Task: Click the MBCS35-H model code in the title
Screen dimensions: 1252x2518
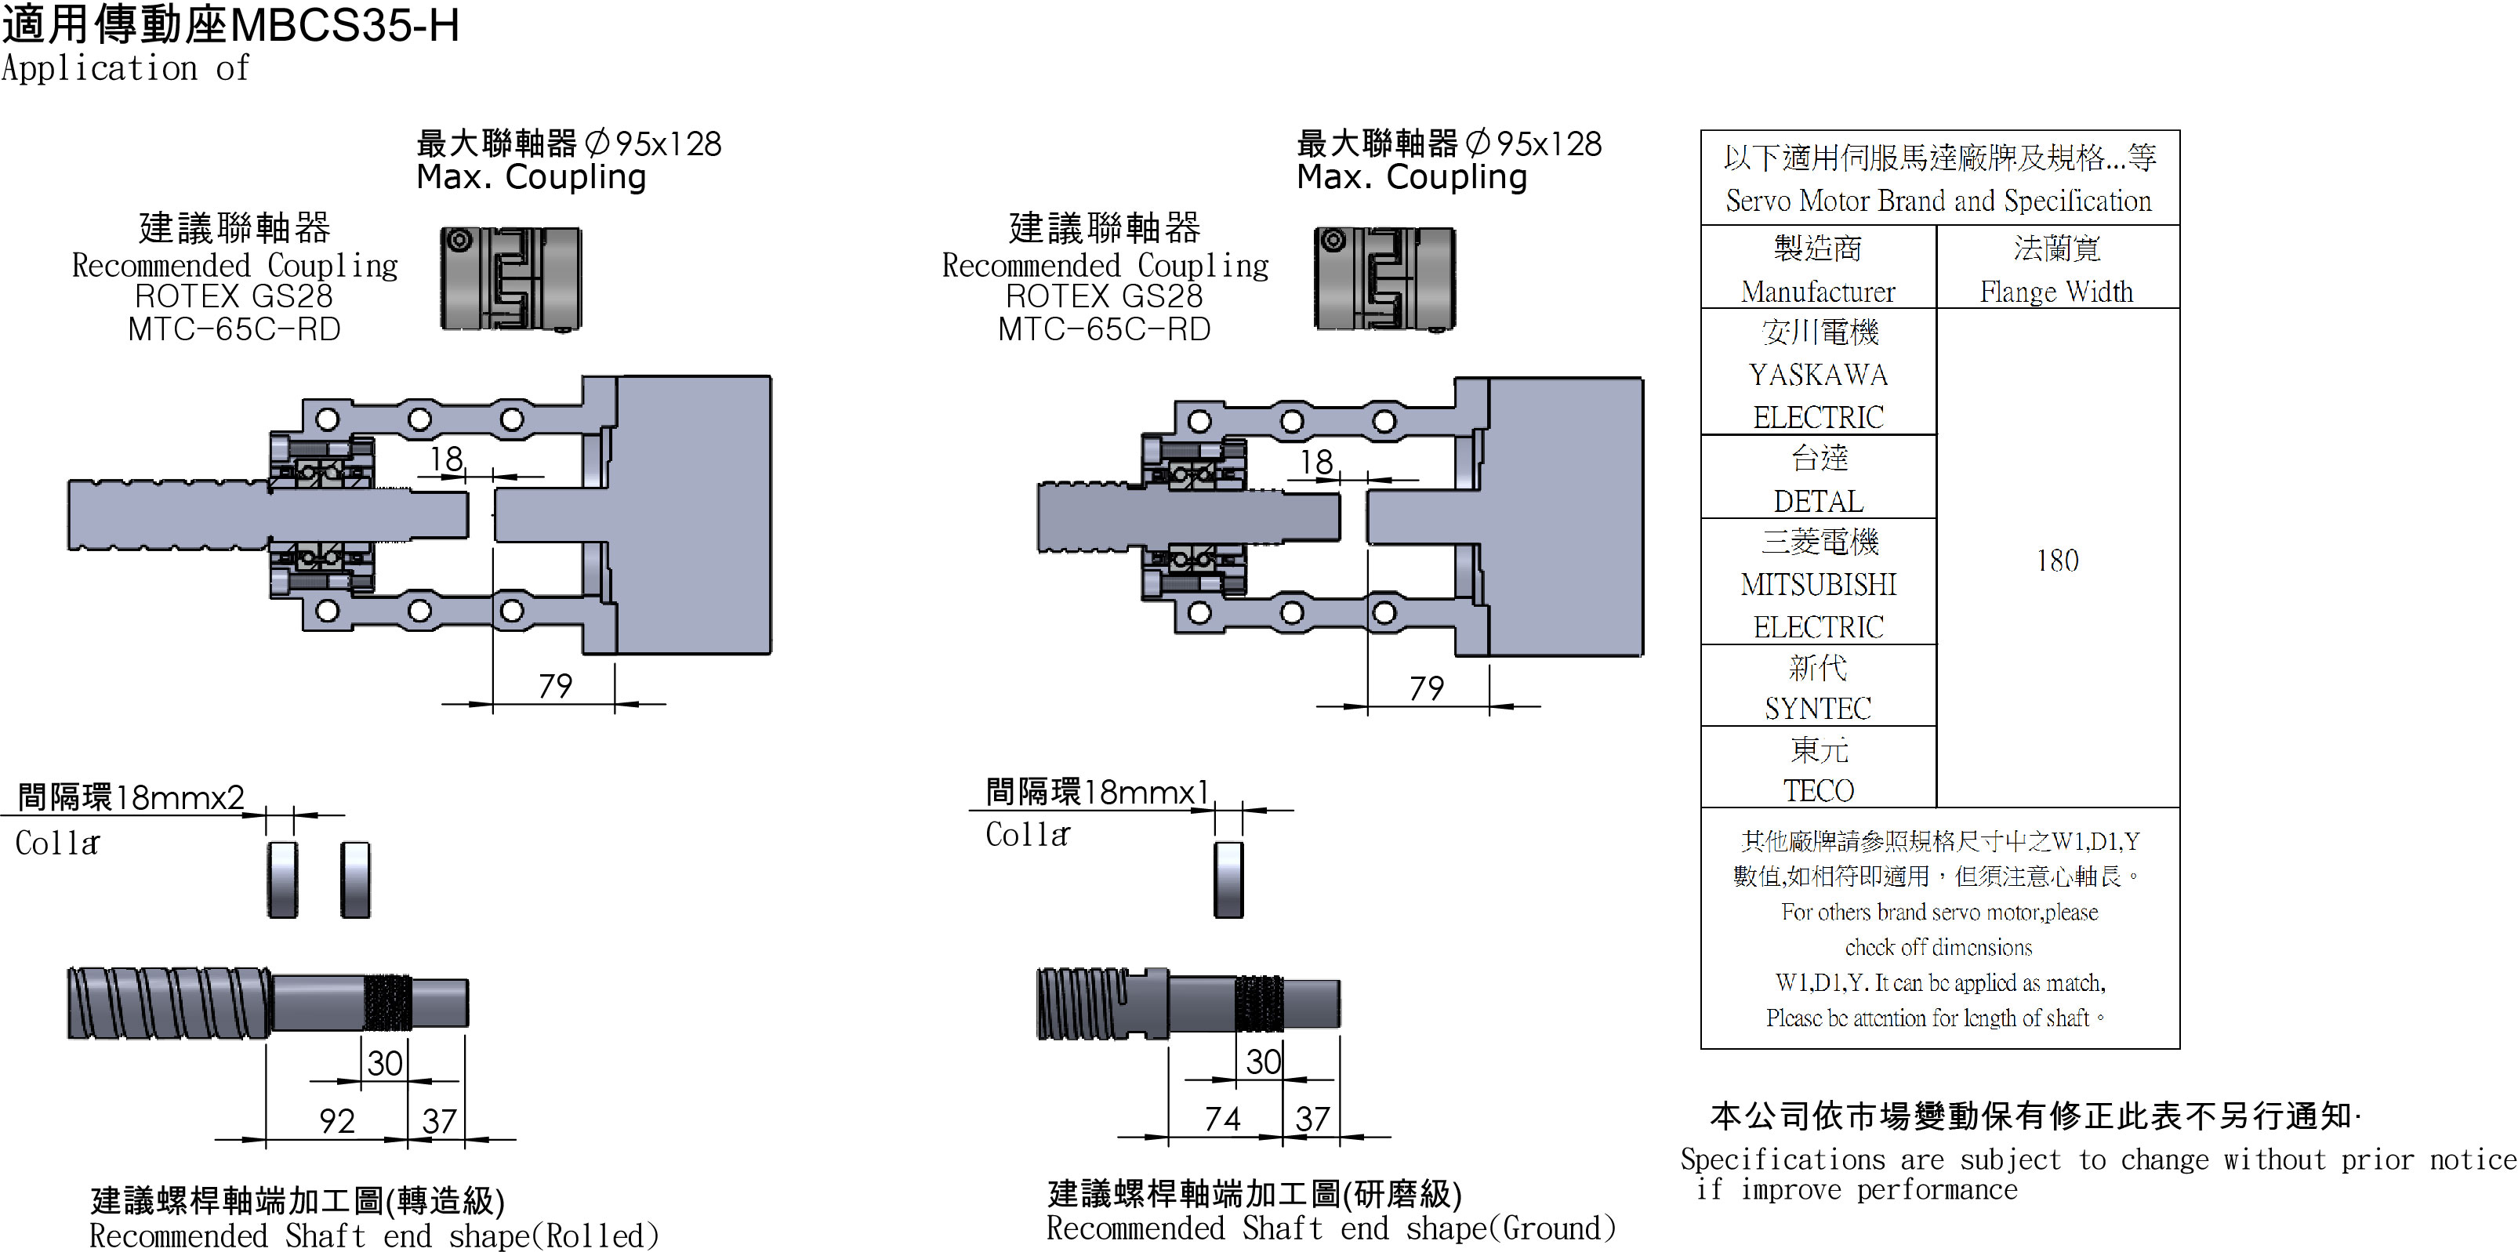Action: pos(344,25)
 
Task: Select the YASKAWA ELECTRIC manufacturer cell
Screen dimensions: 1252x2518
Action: pos(1818,374)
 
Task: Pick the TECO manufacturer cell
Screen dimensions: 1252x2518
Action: pos(1818,769)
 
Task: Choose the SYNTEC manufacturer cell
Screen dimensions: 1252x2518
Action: pos(1818,687)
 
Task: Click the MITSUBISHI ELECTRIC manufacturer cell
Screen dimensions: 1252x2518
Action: pos(1818,583)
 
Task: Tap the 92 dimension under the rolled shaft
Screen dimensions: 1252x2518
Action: pos(337,1120)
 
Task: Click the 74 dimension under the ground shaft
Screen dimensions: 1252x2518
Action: pos(1222,1118)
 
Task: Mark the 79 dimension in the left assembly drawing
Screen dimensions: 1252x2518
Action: pos(555,685)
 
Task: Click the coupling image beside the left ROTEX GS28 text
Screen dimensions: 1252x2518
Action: pos(510,280)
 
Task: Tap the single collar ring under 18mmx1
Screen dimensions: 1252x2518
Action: pos(1228,879)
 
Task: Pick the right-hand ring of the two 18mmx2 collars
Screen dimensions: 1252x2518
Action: pos(356,879)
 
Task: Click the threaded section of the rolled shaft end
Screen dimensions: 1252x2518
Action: pos(388,1002)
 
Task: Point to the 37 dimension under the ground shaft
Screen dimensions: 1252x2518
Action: pos(1312,1118)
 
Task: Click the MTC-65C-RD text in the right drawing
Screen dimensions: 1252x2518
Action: pos(1104,329)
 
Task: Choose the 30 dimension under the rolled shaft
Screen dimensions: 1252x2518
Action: pos(385,1062)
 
